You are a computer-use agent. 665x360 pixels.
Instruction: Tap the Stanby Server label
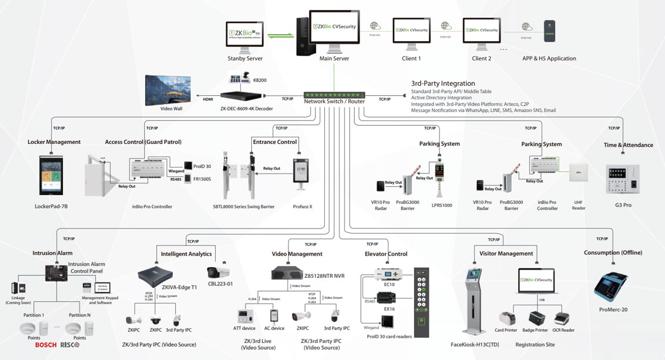[245, 59]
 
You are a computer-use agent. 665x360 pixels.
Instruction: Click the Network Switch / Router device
[334, 94]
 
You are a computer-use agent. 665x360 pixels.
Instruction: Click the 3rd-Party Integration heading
[443, 83]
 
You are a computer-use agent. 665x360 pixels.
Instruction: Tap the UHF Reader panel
[578, 173]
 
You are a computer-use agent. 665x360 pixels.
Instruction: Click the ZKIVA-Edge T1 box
[156, 276]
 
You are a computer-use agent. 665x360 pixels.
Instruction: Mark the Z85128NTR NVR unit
[288, 273]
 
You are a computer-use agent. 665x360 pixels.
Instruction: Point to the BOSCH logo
[45, 345]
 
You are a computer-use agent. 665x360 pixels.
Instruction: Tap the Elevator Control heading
[386, 254]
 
